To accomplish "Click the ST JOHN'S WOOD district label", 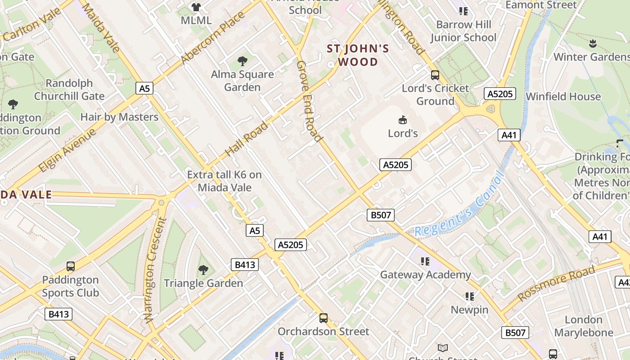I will (x=357, y=55).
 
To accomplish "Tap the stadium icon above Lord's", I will (x=403, y=120).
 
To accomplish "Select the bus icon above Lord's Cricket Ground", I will (x=435, y=75).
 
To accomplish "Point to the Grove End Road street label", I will (x=309, y=101).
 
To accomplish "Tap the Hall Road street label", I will (x=246, y=139).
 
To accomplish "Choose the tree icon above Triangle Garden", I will (x=203, y=270).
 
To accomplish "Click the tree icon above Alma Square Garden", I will (x=243, y=61).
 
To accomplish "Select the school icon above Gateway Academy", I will (x=425, y=261).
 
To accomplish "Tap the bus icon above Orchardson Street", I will (x=323, y=318).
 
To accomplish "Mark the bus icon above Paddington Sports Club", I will (x=70, y=266).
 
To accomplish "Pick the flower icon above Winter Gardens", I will (x=593, y=44).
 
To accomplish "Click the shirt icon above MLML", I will (x=196, y=7).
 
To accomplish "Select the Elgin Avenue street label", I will (x=68, y=150).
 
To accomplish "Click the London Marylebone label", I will (x=584, y=326).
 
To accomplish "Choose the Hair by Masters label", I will (x=119, y=117).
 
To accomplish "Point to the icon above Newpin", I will (x=470, y=296).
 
